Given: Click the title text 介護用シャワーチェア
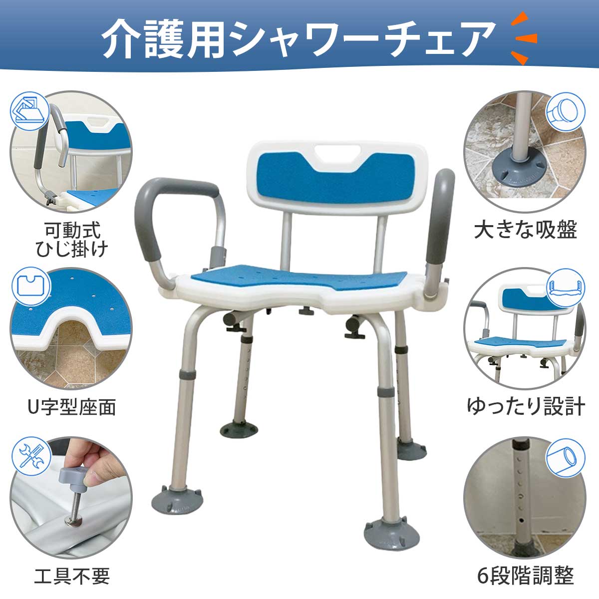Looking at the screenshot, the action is tap(298, 38).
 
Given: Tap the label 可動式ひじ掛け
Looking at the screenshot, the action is tap(72, 240).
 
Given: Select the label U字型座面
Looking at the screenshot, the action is tap(72, 407).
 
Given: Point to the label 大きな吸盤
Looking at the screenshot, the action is tap(526, 230).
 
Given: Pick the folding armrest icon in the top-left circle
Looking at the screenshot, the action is tap(30, 111).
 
